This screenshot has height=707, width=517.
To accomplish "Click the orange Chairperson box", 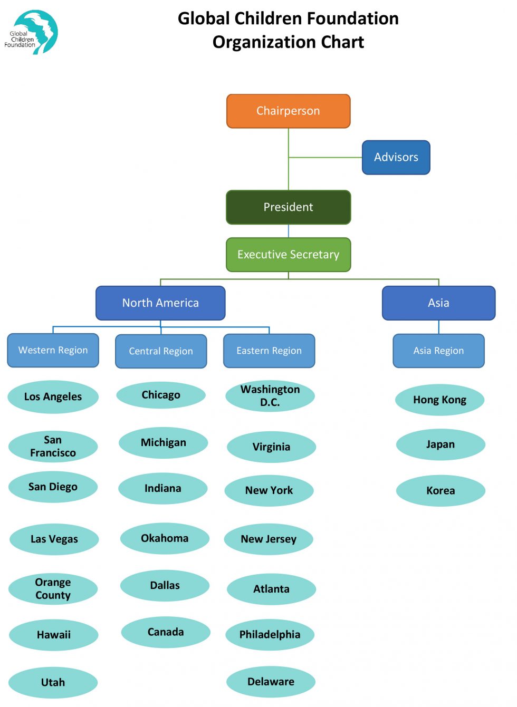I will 288,111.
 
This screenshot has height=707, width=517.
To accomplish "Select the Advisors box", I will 396,157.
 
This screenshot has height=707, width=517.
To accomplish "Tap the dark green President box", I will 288,207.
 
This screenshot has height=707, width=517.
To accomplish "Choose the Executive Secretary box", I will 288,255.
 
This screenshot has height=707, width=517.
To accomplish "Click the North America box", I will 160,303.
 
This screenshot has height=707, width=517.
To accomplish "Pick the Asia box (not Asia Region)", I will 438,303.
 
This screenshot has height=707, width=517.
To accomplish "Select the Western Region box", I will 53,350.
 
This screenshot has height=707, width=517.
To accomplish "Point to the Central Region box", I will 161,351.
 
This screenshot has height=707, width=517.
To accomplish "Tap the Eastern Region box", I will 269,351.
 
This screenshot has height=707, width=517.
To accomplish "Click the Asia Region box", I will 438,351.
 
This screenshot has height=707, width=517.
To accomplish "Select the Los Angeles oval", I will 53,396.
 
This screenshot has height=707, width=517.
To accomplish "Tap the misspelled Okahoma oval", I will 165,538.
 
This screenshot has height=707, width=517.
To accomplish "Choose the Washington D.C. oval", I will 270,395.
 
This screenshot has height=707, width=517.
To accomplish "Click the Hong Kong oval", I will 439,400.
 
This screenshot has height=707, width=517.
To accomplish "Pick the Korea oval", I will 441,491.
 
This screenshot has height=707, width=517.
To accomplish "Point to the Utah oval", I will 53,682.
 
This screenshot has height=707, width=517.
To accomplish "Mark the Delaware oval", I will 271,682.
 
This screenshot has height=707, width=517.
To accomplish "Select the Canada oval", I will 166,632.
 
